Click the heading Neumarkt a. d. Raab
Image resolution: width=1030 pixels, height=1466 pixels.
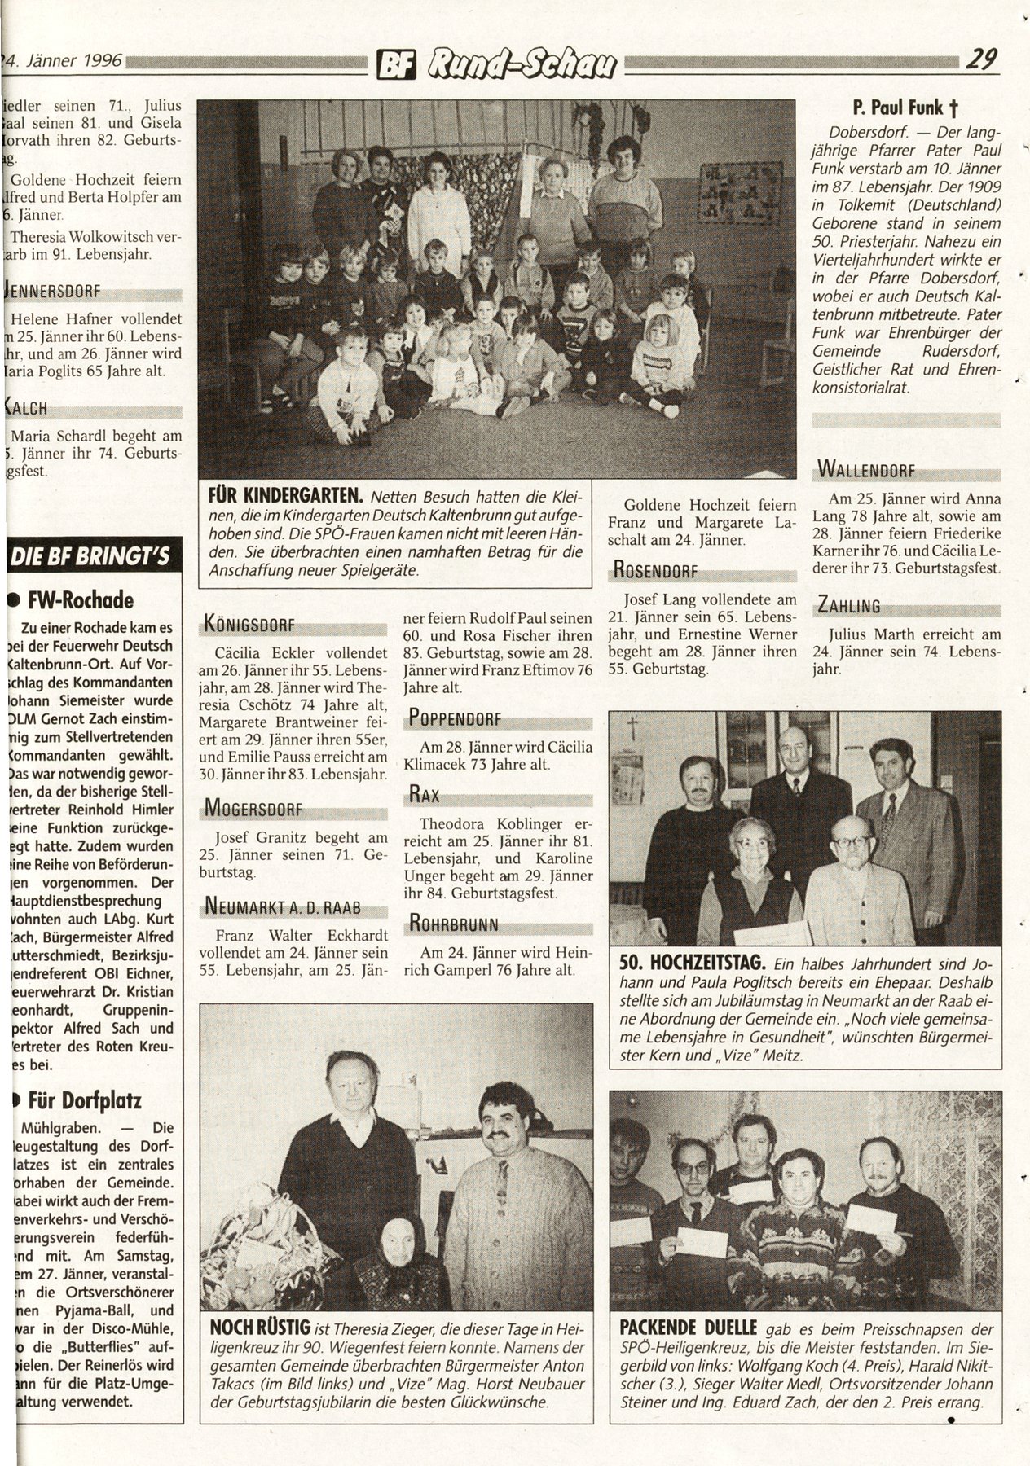pos(283,908)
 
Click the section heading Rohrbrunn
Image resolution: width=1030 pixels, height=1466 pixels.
pos(454,924)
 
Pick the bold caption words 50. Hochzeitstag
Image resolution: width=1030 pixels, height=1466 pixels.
pos(691,962)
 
